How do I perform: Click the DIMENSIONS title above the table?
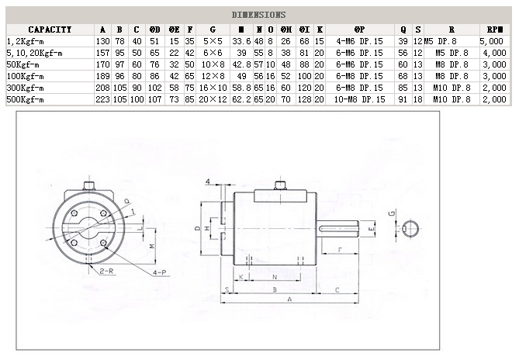pos(259,15)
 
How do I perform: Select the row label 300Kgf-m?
pos(25,88)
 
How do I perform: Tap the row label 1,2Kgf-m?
pos(26,40)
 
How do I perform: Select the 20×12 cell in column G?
pos(212,99)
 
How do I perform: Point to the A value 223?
pos(102,99)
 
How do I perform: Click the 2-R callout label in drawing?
pos(106,272)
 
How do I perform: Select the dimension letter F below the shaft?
pos(341,250)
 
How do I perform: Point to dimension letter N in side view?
pos(275,276)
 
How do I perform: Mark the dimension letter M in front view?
pos(152,245)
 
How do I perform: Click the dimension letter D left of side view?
pos(197,228)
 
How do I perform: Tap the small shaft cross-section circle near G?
pos(411,228)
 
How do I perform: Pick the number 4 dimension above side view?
pos(208,182)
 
